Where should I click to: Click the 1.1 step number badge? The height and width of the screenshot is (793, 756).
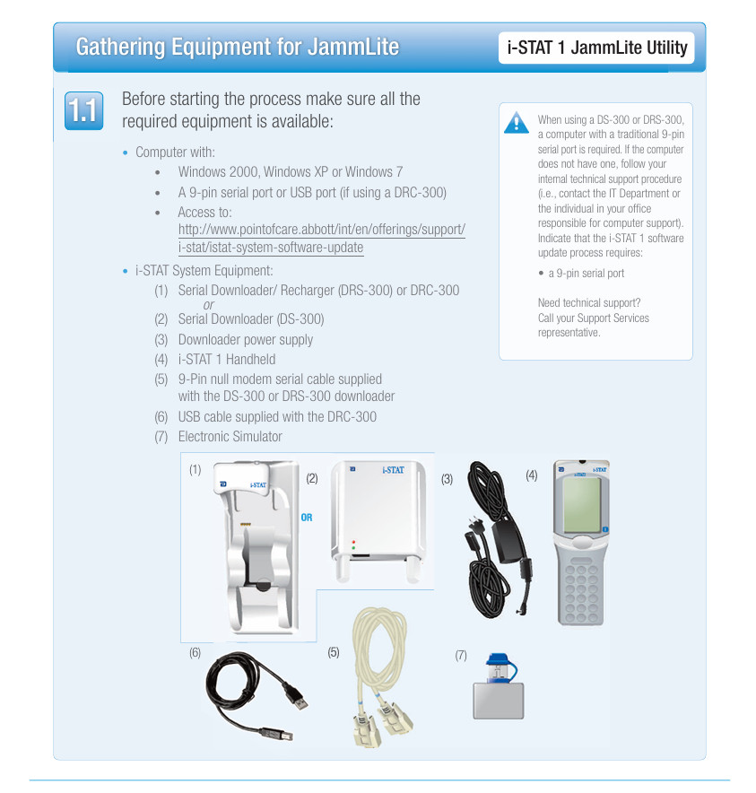point(83,111)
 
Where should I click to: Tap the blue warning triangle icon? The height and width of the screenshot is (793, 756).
point(516,123)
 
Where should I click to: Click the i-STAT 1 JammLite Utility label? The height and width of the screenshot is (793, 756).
point(596,48)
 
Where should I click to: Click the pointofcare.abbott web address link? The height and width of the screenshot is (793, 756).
point(321,239)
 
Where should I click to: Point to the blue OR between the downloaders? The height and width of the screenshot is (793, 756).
point(307,518)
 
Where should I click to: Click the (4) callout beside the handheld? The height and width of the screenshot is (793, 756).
point(532,475)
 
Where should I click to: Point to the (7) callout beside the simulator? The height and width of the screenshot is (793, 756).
point(461,656)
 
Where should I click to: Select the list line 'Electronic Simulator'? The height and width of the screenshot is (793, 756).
point(230,437)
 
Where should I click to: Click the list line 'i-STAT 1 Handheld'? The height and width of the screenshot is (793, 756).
point(226,359)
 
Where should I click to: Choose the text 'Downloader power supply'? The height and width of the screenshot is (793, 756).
point(245,340)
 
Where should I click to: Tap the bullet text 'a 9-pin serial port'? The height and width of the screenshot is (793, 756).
point(587,274)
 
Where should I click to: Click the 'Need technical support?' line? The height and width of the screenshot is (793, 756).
point(589,303)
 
